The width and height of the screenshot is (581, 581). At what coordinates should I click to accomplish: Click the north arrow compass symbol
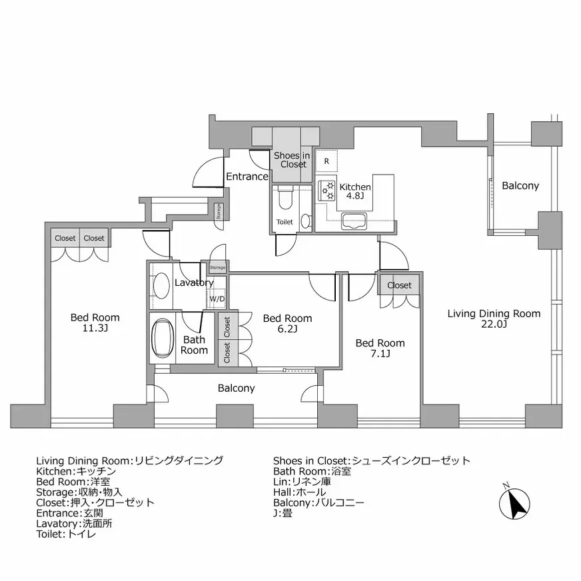coord(514,503)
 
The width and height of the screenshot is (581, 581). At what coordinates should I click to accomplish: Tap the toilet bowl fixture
coord(285,198)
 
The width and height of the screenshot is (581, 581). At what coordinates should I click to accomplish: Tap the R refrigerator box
coord(326,161)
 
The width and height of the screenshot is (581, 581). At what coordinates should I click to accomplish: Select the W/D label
coord(217,298)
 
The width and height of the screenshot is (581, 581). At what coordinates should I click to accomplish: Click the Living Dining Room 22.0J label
coord(494,318)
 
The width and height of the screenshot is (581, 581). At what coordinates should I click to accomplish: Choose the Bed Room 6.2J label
coord(287,323)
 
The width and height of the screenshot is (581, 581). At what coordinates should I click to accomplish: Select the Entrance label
coord(247,177)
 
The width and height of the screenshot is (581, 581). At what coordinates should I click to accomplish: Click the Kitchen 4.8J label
coord(355,192)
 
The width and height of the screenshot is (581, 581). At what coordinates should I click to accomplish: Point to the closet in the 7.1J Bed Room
coord(399,285)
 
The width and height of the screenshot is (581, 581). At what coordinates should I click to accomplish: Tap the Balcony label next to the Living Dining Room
coord(520,186)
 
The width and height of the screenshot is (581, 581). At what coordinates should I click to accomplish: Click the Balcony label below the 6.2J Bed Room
coord(236,388)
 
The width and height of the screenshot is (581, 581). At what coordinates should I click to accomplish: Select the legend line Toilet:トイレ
coord(66,534)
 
